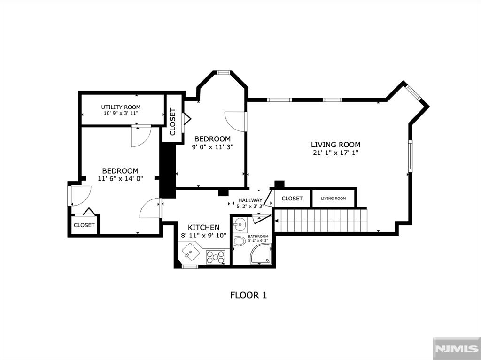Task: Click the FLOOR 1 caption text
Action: coord(248,295)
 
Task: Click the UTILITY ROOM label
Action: coord(121,107)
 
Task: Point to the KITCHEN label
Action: coord(204,227)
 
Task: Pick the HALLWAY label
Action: coord(250,200)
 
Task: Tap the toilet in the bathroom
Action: coord(240,242)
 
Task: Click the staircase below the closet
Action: coord(319,220)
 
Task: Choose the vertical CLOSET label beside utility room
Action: coord(172,122)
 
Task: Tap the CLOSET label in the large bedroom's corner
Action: coord(84,225)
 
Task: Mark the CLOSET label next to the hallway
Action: coord(292,199)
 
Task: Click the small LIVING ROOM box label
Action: coord(334,199)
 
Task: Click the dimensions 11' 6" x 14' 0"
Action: coord(120,178)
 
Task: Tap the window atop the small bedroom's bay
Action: coord(223,72)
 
